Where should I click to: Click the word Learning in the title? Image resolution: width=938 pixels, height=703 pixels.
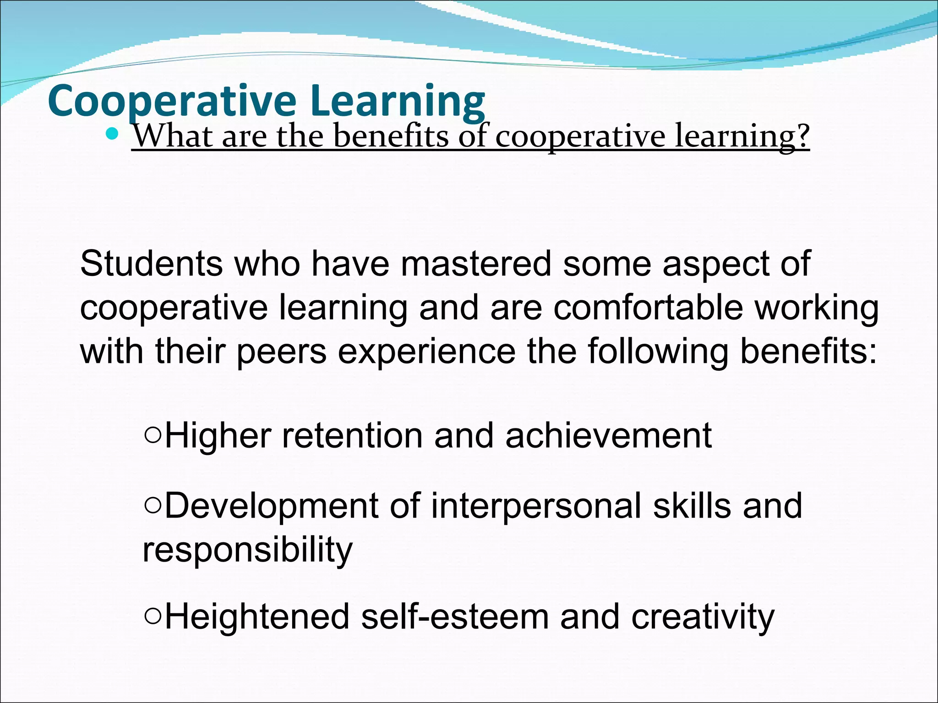tap(397, 102)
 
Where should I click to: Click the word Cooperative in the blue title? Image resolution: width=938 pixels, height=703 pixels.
tap(172, 102)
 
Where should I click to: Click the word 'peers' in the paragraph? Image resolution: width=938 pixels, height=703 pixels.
tap(281, 351)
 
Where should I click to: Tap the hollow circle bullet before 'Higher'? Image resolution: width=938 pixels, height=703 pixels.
tap(153, 435)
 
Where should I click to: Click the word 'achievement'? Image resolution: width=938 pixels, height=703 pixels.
tap(608, 435)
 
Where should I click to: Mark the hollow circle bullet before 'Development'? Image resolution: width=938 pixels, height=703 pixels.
tap(153, 506)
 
